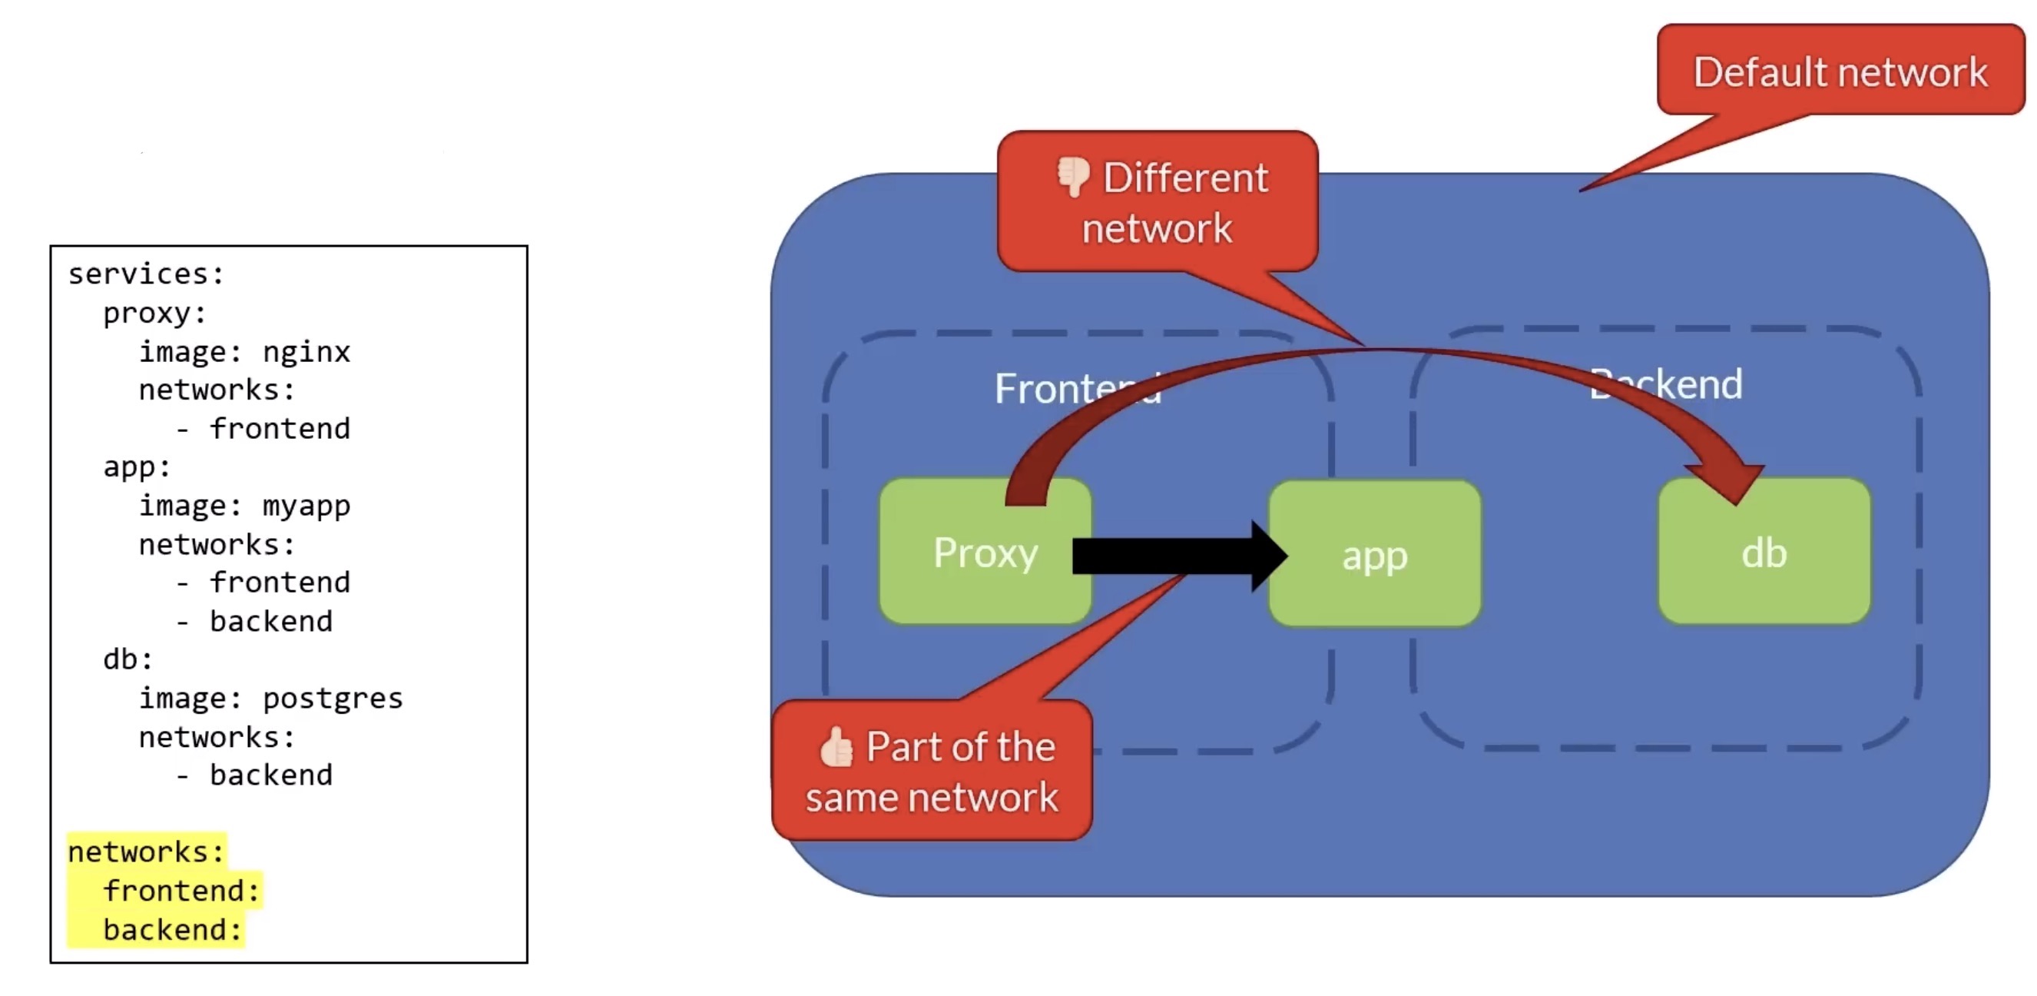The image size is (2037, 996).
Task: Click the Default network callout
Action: coord(1840,71)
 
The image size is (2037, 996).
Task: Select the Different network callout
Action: coord(1158,201)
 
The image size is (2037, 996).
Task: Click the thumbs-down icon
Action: coord(1073,176)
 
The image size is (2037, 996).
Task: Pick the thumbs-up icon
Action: coord(836,747)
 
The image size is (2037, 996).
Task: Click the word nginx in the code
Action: coord(306,351)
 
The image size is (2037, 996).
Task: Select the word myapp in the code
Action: coord(306,506)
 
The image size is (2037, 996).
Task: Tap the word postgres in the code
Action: coord(332,699)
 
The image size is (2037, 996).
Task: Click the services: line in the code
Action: coord(146,274)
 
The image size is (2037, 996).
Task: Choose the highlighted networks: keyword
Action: coord(146,852)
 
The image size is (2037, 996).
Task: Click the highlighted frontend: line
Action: coord(181,891)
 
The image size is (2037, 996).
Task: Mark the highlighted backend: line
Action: coord(171,930)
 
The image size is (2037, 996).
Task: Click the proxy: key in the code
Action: coord(155,314)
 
